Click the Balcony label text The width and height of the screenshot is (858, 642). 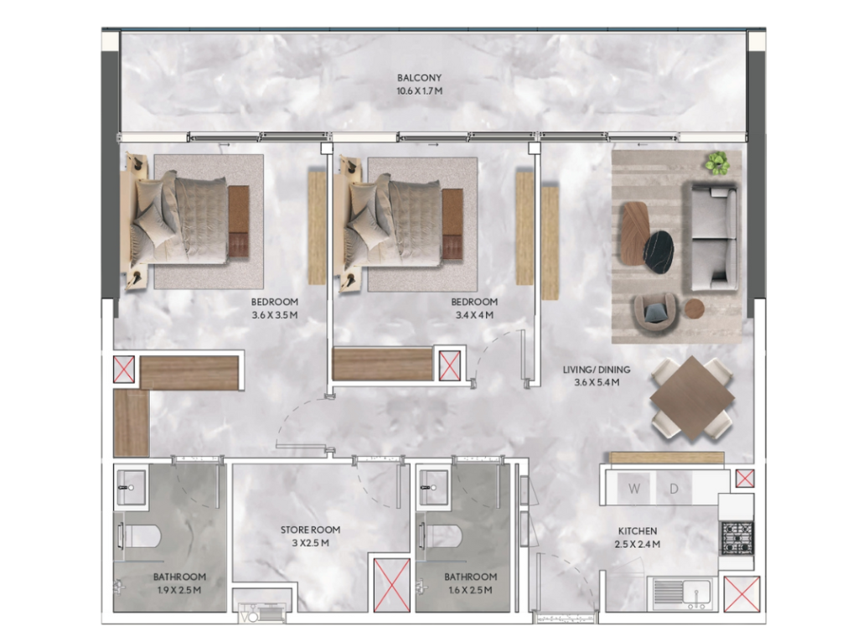click(x=419, y=78)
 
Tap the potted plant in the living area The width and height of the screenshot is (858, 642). click(x=717, y=163)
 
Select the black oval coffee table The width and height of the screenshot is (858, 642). click(x=659, y=251)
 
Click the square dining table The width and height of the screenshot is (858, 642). click(x=692, y=398)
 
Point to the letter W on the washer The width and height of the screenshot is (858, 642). click(x=634, y=488)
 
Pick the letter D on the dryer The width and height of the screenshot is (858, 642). click(x=675, y=489)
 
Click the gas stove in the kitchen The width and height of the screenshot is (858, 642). click(x=737, y=538)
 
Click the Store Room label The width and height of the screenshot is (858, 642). click(x=310, y=530)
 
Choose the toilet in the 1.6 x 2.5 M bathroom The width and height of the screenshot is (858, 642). click(x=442, y=536)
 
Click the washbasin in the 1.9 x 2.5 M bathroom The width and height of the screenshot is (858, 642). click(x=131, y=486)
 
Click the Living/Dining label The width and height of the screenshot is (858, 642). click(x=597, y=370)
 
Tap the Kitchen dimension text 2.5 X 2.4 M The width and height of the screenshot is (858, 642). click(x=638, y=544)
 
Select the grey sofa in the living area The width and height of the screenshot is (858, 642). click(x=711, y=236)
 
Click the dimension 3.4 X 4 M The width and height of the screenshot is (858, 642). click(x=474, y=314)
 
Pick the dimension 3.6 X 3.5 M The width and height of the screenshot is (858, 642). click(x=275, y=314)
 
